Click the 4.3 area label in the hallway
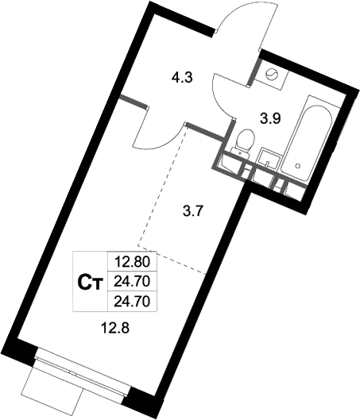pyautogui.click(x=181, y=79)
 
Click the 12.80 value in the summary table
pyautogui.click(x=132, y=260)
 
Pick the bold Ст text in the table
pyautogui.click(x=91, y=280)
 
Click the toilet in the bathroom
pyautogui.click(x=244, y=144)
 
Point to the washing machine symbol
pyautogui.click(x=273, y=75)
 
